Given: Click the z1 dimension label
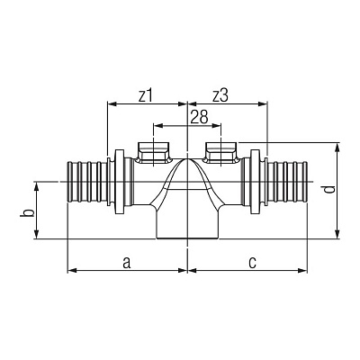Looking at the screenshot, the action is pyautogui.click(x=146, y=96).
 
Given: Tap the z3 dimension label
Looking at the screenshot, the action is pyautogui.click(x=220, y=96).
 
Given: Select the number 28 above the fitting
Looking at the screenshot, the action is pyautogui.click(x=199, y=117).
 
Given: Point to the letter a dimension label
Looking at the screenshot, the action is pyautogui.click(x=127, y=262).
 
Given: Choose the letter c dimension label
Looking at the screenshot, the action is pyautogui.click(x=253, y=263).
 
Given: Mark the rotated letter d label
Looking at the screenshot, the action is pyautogui.click(x=329, y=190).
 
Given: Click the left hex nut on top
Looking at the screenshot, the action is pyautogui.click(x=154, y=153).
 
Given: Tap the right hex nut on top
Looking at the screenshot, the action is pyautogui.click(x=221, y=153).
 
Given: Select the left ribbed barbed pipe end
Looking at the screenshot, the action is pyautogui.click(x=86, y=182).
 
